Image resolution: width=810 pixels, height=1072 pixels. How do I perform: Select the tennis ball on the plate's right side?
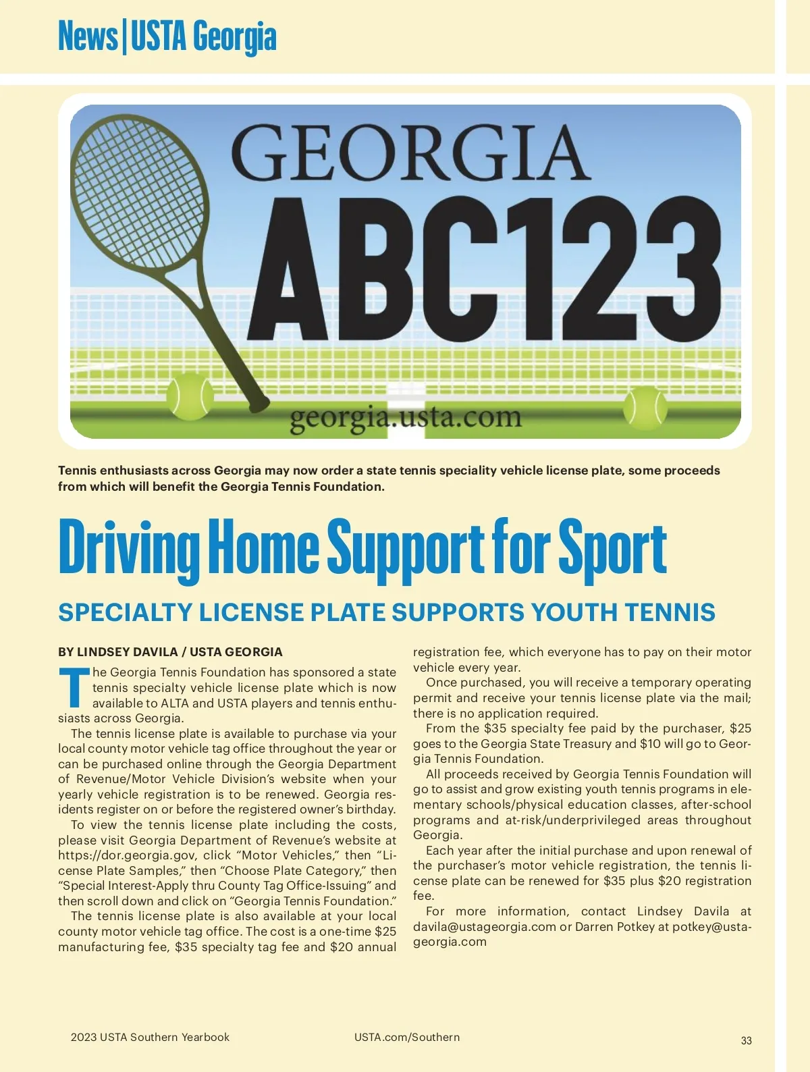(x=645, y=407)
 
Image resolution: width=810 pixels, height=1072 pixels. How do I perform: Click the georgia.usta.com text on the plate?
(x=406, y=417)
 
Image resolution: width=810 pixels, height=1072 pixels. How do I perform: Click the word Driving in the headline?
(x=128, y=549)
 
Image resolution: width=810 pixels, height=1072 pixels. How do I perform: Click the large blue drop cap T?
(x=74, y=687)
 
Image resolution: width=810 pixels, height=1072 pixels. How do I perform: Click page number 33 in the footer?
(x=746, y=1040)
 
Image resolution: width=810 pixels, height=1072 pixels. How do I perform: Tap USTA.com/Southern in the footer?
(x=406, y=1037)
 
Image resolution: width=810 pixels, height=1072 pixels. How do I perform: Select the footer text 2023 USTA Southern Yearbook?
(x=150, y=1037)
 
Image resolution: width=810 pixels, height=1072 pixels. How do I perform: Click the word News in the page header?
(x=88, y=36)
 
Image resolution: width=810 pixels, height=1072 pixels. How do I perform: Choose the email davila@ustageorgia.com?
(x=484, y=927)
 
